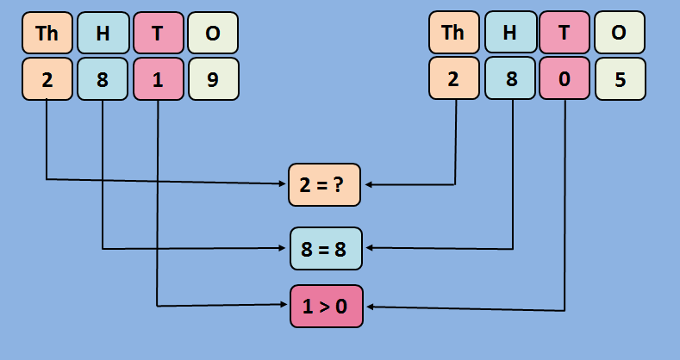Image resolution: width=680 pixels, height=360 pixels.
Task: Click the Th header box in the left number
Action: (47, 33)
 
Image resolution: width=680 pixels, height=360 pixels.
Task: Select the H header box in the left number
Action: (103, 33)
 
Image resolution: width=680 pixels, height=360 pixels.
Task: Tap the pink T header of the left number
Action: (157, 33)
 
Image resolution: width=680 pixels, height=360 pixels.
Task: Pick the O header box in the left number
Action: (213, 33)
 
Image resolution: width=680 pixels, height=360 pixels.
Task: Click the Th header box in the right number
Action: (452, 33)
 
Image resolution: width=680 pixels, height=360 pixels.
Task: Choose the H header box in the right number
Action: (509, 33)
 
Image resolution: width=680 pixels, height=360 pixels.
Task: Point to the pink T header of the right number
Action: (564, 33)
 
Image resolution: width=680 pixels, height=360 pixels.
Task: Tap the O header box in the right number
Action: (619, 33)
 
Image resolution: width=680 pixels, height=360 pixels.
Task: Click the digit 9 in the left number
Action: (213, 79)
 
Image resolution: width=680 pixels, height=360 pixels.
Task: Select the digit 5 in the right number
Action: (619, 79)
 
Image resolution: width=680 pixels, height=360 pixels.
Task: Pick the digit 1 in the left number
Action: (157, 79)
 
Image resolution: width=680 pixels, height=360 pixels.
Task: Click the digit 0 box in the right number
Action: (564, 79)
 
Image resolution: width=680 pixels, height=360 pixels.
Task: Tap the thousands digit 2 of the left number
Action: (47, 79)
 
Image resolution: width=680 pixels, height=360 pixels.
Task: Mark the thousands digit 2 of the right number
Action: (452, 79)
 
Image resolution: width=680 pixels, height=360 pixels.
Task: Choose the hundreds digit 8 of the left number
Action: (103, 79)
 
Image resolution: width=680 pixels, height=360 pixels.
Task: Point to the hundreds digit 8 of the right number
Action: (509, 79)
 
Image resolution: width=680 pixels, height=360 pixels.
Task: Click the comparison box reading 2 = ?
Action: (324, 184)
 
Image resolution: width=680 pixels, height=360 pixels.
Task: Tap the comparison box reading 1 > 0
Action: (326, 306)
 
